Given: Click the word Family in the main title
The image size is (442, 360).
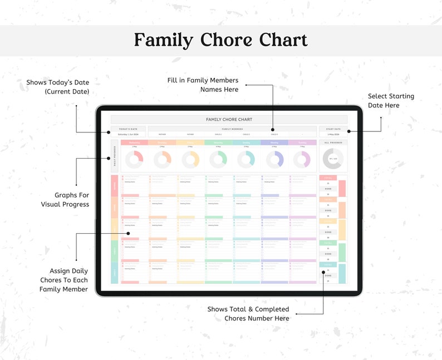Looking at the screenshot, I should coord(163,41).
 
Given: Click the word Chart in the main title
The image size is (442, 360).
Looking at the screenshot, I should coord(283,41).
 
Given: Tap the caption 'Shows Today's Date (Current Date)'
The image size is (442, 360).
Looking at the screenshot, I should coord(57,87).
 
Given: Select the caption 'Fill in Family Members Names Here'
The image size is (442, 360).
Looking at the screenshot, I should coord(203,85).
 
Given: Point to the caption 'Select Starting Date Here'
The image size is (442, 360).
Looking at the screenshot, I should coord(391,101).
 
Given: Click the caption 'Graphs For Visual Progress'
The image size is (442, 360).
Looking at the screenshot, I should coord(65,200).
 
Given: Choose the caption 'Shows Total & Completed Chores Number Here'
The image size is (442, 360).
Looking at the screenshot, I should coord(248,313).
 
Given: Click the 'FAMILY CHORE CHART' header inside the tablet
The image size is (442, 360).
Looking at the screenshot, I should coord(229,120).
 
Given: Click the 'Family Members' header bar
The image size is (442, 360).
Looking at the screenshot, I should coord(232,129).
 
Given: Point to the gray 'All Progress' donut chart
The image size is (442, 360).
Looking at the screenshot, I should coord(332,159).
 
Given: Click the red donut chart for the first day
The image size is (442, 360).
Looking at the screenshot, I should coord(134,160).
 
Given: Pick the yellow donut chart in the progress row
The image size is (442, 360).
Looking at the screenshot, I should coord(190,160).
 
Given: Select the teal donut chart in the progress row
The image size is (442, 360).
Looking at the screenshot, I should coord(246,160).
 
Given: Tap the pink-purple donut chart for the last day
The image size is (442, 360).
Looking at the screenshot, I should coord(302,160).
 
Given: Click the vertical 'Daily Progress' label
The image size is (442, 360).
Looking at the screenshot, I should coord(115,156).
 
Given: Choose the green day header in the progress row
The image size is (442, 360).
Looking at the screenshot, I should coord(218,142).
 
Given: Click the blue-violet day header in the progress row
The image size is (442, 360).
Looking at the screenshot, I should coord(274,142).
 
